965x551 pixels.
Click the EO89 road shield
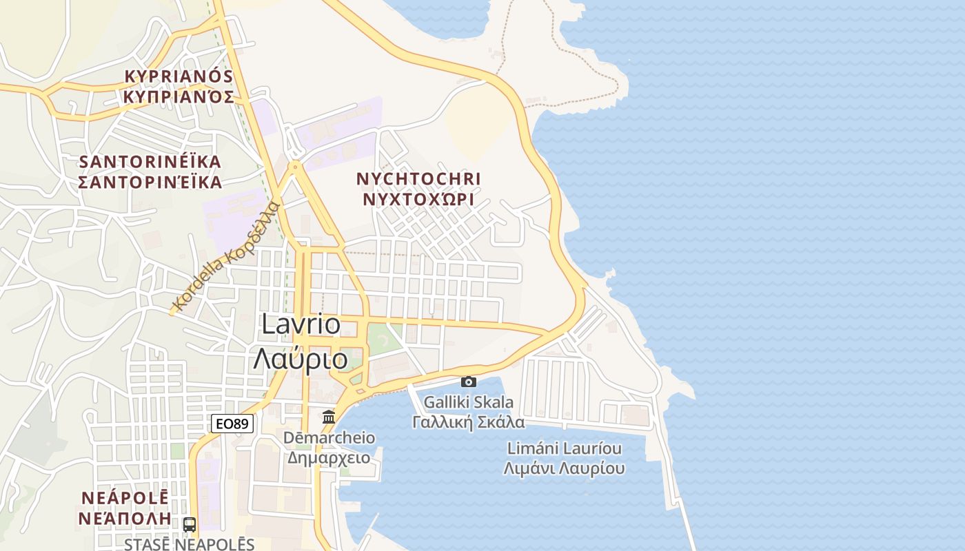click(x=231, y=424)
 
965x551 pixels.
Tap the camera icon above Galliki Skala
click(x=469, y=382)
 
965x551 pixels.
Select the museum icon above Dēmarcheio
click(x=329, y=417)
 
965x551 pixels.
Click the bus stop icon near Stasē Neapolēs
click(x=190, y=524)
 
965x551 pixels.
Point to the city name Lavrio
click(x=301, y=324)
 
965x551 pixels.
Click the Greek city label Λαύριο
click(x=301, y=359)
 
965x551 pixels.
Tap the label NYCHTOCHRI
click(x=418, y=179)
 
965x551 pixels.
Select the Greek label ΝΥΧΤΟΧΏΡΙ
click(x=418, y=200)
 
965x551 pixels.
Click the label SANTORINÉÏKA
click(x=150, y=162)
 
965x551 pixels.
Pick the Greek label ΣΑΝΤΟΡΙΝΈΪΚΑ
click(x=150, y=183)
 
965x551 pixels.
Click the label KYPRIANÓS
click(x=179, y=76)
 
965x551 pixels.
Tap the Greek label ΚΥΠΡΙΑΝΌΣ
click(x=179, y=96)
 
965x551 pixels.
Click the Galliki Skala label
click(x=469, y=402)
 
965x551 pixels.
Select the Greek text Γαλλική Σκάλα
click(x=469, y=422)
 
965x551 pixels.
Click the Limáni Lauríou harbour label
click(x=565, y=448)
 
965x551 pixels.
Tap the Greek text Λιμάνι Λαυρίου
click(x=565, y=469)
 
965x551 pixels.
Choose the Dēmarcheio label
click(x=329, y=438)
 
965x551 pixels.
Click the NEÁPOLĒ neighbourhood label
click(x=125, y=497)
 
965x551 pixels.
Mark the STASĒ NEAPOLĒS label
click(x=190, y=544)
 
